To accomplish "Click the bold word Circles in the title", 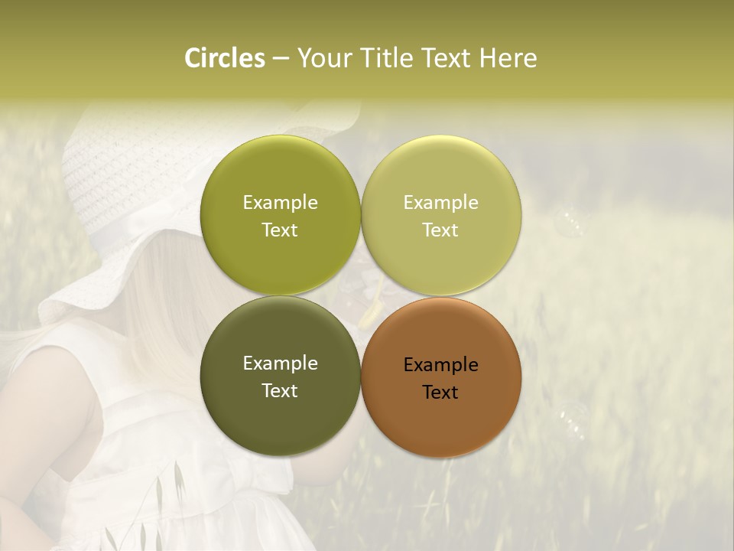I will coord(224,58).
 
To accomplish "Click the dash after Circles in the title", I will coord(281,59).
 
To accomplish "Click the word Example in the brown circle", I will coord(440,364).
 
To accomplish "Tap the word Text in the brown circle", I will coord(440,392).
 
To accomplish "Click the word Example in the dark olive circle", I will coord(280,363).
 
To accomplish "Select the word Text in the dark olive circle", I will coord(280,390).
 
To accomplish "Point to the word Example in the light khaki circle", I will coord(440,202).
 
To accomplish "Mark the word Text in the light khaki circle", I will coord(440,230).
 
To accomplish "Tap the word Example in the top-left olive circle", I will coord(280,202).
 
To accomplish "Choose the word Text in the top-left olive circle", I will coord(280,230).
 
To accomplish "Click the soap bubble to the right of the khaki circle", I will coord(571,223).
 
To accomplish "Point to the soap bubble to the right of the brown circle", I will coord(572,420).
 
